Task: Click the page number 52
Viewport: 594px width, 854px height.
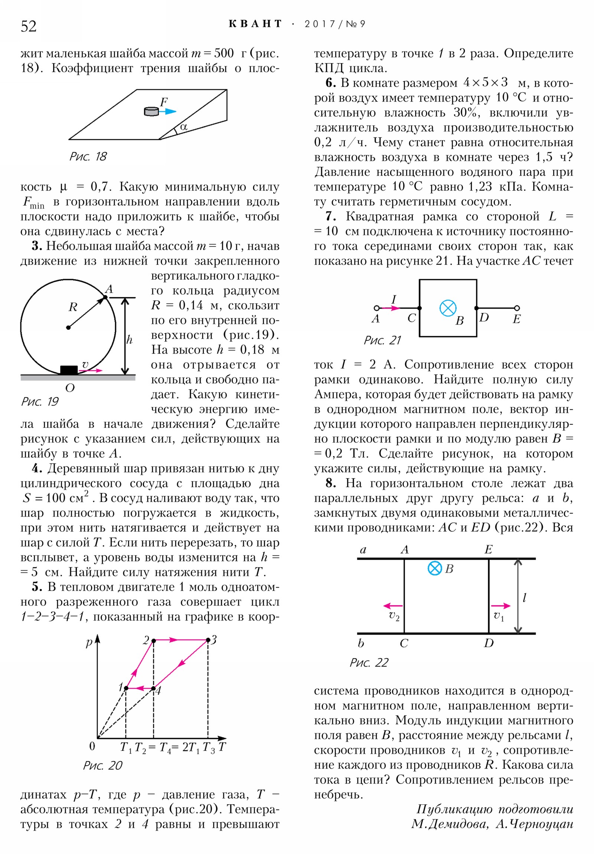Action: tap(29, 26)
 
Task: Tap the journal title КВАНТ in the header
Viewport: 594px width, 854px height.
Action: tap(255, 24)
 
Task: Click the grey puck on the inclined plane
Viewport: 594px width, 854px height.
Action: tap(151, 111)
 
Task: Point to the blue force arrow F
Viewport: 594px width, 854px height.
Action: tap(168, 111)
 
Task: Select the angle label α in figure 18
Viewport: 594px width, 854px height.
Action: tap(183, 127)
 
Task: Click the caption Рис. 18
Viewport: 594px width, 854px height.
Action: tap(88, 157)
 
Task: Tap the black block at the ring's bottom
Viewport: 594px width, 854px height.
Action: tap(69, 370)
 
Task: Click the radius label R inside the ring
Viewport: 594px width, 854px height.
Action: tap(73, 307)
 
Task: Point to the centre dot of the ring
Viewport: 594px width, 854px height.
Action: tap(68, 328)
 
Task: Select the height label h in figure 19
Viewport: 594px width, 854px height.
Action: tap(129, 340)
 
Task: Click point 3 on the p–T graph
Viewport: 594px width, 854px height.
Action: tap(208, 640)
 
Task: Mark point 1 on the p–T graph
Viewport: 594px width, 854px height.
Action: tap(126, 688)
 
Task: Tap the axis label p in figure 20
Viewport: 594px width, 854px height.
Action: tap(89, 642)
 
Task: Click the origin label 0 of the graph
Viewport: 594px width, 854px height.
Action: tap(92, 746)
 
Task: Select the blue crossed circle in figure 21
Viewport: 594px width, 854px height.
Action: tap(448, 308)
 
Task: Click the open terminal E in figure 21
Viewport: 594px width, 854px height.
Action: tap(517, 308)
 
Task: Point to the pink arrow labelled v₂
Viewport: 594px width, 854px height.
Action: tap(393, 606)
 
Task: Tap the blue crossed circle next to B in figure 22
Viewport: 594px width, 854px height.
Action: tap(434, 568)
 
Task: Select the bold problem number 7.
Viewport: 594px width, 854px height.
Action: tap(331, 216)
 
